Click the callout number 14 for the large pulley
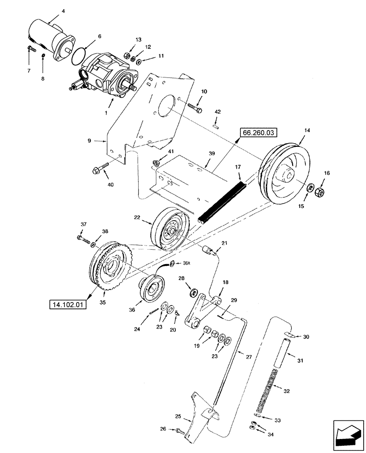tap(307, 130)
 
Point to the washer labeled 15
tap(310, 188)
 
